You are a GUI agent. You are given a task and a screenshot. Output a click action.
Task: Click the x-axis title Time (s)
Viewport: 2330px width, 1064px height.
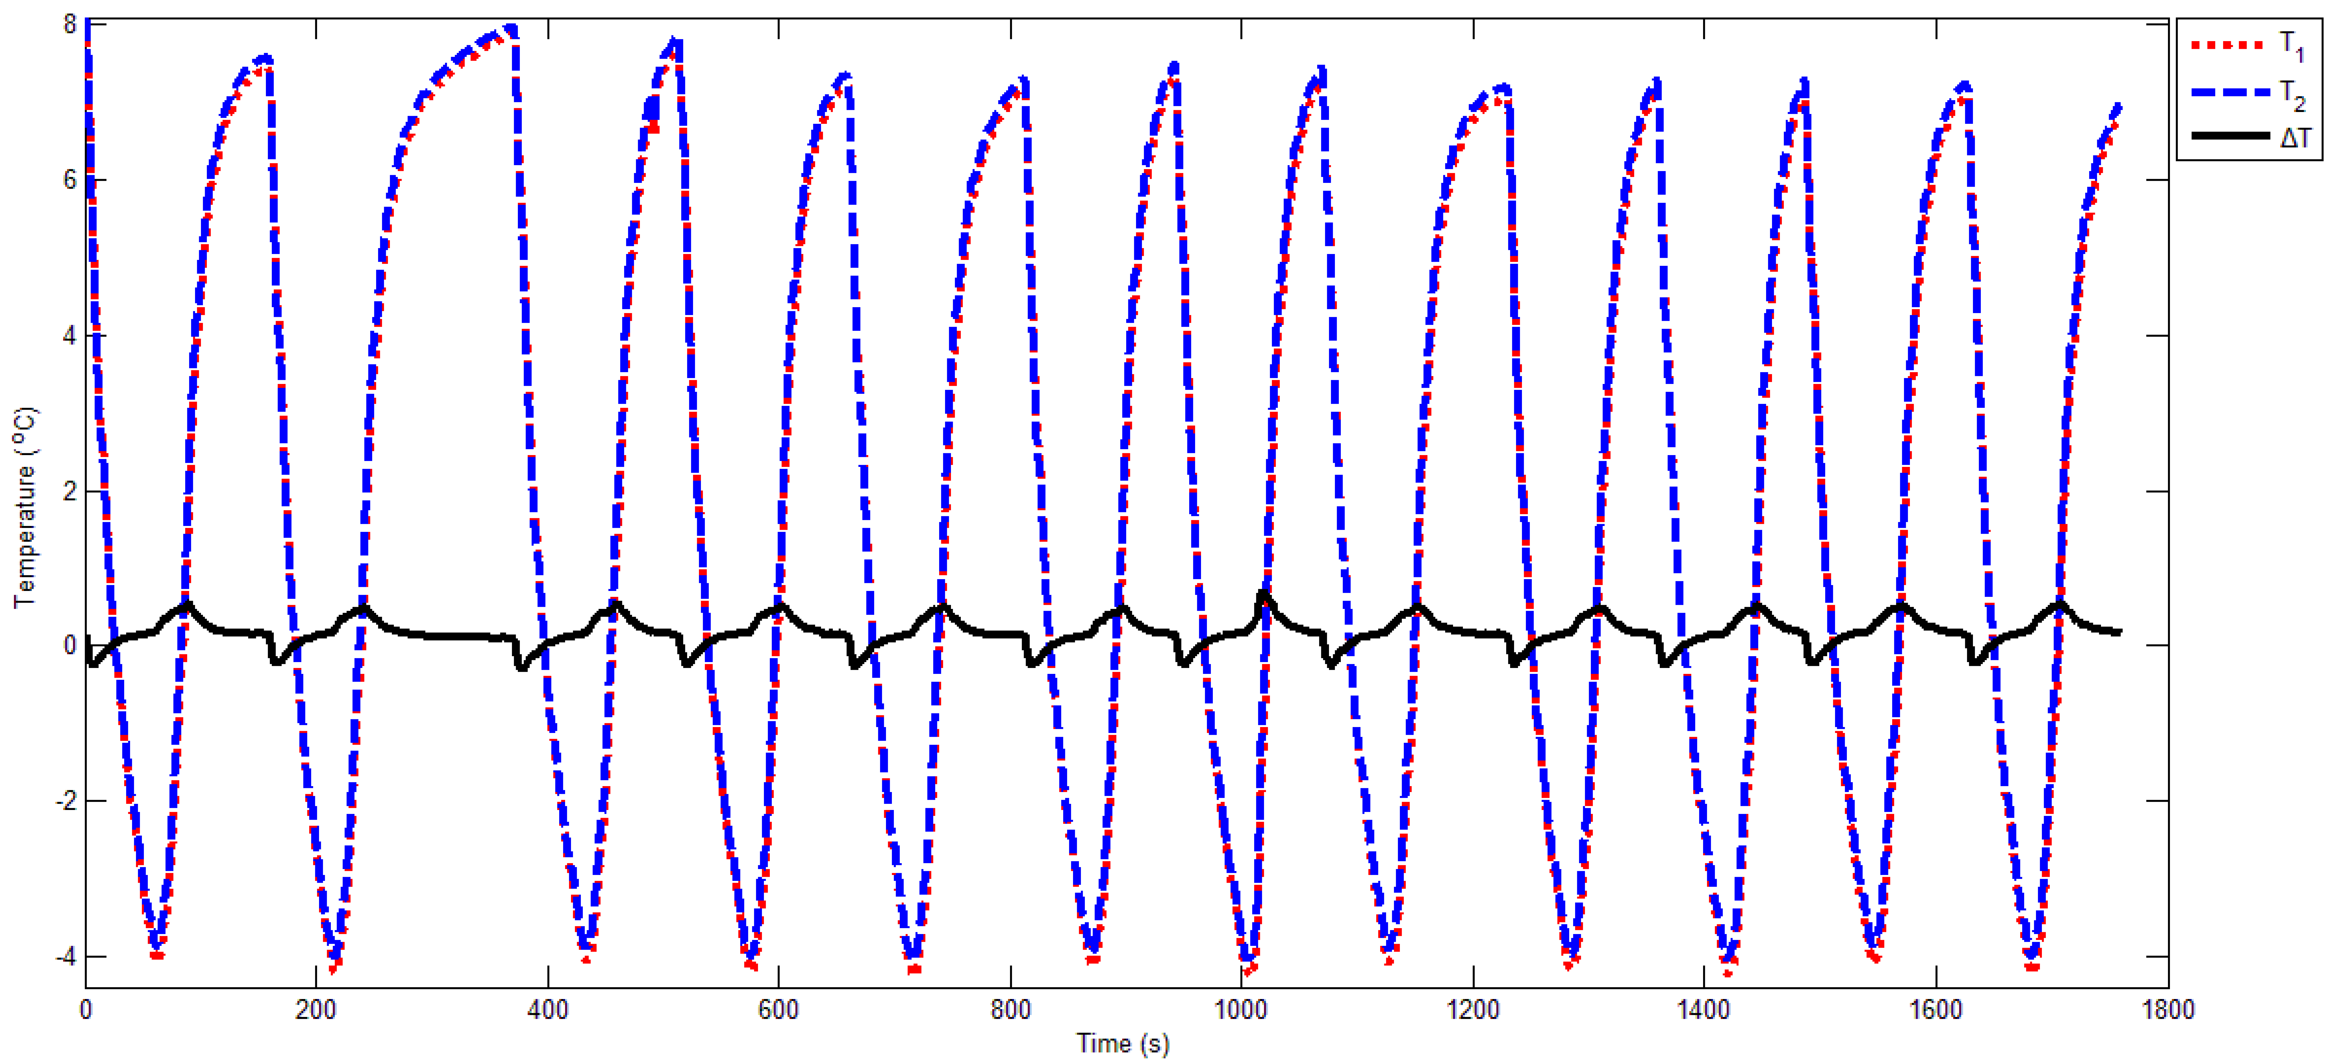[x=1122, y=1043]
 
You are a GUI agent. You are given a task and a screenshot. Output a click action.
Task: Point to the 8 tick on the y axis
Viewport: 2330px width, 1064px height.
[x=70, y=24]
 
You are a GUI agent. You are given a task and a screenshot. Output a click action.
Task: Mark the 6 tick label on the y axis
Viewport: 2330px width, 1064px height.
[x=70, y=180]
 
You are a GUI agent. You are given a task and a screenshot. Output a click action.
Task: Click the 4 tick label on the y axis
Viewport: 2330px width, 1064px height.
[x=70, y=336]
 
